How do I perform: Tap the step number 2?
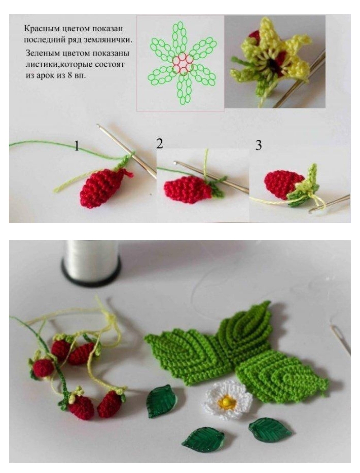point(159,144)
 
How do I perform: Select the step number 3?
point(259,145)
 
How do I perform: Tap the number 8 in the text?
point(69,76)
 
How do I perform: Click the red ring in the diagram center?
point(182,64)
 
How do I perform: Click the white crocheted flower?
point(227,400)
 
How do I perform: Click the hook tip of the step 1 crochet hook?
point(98,125)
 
